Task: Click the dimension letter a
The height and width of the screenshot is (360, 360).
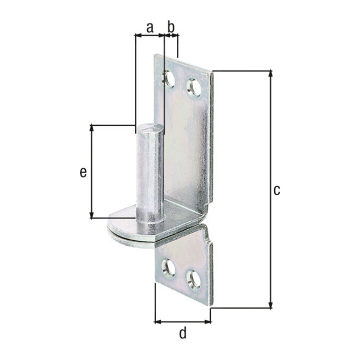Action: coord(149,28)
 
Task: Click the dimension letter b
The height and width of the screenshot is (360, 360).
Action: coord(171,26)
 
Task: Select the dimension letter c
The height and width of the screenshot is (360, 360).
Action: coord(277,190)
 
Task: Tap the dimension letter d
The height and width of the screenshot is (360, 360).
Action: coord(183,333)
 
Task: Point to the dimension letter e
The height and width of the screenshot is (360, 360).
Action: coord(83,172)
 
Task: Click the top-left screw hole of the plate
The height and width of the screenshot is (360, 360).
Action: coord(169,79)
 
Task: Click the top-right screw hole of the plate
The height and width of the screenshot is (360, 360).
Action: coord(194,87)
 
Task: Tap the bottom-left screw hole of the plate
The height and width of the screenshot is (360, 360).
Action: coord(169,268)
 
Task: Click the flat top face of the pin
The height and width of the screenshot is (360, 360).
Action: coord(150,127)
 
